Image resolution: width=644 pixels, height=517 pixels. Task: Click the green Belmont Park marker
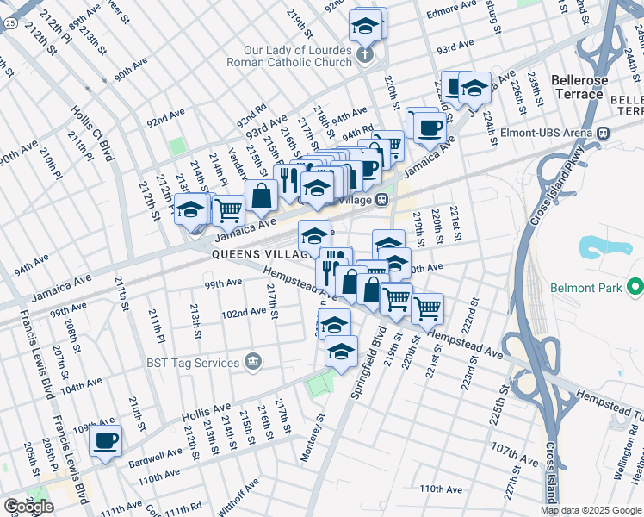pyautogui.click(x=635, y=286)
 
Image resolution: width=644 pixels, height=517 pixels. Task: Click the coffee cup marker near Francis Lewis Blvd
pyautogui.click(x=106, y=441)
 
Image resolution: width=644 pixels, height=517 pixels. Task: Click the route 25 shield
pyautogui.click(x=8, y=23)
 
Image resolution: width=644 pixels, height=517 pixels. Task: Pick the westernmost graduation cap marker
pyautogui.click(x=191, y=209)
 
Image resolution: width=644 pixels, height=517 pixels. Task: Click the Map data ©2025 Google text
pyautogui.click(x=591, y=509)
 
